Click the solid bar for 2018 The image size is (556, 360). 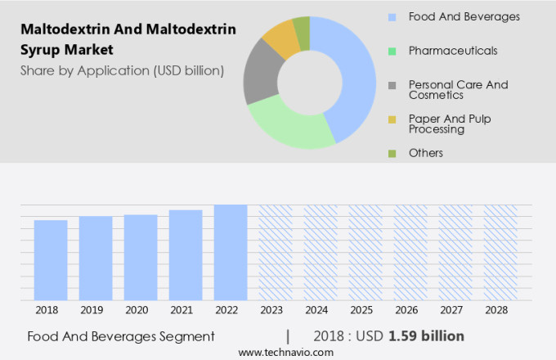[51, 260]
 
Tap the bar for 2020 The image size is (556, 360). [141, 258]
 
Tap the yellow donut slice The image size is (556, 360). [280, 37]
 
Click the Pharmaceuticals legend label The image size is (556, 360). [452, 51]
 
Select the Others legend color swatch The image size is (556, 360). [392, 153]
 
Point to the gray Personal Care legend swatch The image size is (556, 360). [392, 85]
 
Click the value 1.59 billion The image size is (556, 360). [426, 336]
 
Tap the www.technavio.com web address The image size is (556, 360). [286, 352]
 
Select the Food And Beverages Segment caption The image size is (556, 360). [121, 336]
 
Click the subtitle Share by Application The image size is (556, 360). [123, 70]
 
